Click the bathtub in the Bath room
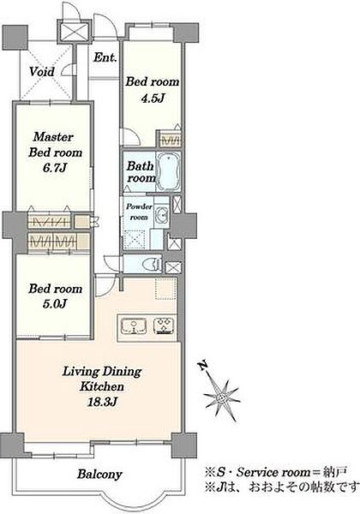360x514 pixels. pyautogui.click(x=169, y=171)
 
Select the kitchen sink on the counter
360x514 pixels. pyautogui.click(x=134, y=326)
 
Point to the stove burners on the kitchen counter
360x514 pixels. pyautogui.click(x=165, y=326)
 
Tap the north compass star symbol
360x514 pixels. pyautogui.click(x=222, y=397)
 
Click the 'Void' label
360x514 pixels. pyautogui.click(x=42, y=71)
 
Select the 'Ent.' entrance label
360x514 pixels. pyautogui.click(x=105, y=57)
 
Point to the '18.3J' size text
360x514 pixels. pyautogui.click(x=102, y=402)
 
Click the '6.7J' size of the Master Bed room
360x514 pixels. pyautogui.click(x=54, y=168)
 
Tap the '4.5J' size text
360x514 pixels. pyautogui.click(x=152, y=98)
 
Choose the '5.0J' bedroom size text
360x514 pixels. pyautogui.click(x=54, y=304)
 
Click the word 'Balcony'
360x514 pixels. pyautogui.click(x=99, y=475)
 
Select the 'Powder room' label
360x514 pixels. pyautogui.click(x=140, y=212)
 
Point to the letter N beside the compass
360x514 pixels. pyautogui.click(x=203, y=365)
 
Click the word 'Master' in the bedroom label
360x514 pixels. pyautogui.click(x=53, y=137)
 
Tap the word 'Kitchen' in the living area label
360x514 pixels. pyautogui.click(x=102, y=386)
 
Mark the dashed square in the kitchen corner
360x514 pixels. pyautogui.click(x=166, y=289)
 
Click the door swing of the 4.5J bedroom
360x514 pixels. pyautogui.click(x=131, y=137)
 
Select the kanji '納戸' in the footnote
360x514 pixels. pyautogui.click(x=335, y=472)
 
